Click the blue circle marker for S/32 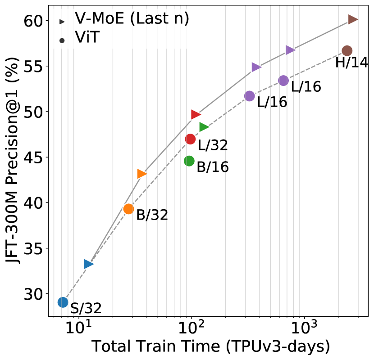point(63,302)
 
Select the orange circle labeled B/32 point(128,209)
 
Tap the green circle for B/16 point(189,161)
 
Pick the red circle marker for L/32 point(190,139)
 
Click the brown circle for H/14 point(347,51)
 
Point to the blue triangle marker point(88,264)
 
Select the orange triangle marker point(141,174)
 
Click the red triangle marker point(195,114)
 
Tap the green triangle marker point(204,127)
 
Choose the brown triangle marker point(352,19)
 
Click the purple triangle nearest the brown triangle point(290,50)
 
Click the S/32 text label point(86,309)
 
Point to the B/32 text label point(152,215)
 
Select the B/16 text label point(213,167)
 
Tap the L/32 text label point(213,145)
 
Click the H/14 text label point(351,63)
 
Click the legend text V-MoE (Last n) point(132,18)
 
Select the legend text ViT point(87,38)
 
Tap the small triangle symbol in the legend point(62,22)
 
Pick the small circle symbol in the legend point(62,40)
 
